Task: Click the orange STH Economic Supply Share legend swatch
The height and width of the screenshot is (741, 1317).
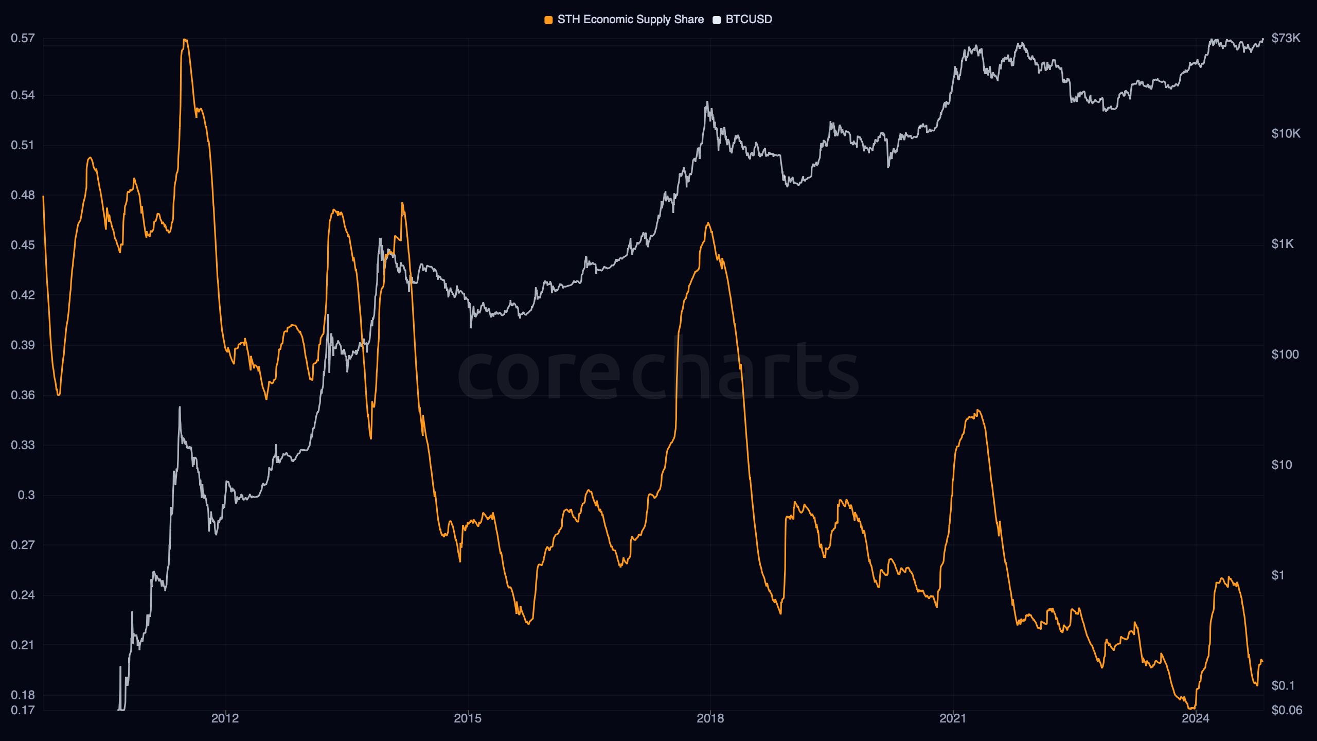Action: (548, 20)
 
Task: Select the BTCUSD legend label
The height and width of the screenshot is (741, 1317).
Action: (749, 20)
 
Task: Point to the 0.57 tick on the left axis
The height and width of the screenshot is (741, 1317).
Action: (23, 38)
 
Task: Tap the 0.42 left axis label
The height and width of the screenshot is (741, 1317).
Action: (23, 295)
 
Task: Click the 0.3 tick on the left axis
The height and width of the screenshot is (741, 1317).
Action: (26, 495)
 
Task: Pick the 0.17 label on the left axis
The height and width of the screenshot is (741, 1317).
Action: (23, 710)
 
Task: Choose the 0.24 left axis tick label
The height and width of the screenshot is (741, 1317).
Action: (23, 595)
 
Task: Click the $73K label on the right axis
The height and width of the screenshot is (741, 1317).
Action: (1286, 38)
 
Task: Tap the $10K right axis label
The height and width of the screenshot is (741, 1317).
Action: (1286, 134)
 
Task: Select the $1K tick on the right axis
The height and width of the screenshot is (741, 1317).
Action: (1282, 244)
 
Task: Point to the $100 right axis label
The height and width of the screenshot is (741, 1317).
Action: (1285, 355)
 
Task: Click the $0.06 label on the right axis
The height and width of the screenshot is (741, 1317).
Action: (1287, 710)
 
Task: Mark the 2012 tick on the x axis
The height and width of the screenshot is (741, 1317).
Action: (225, 718)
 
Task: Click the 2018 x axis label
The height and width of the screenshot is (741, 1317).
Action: (710, 718)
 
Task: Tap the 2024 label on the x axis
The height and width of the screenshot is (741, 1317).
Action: (1195, 718)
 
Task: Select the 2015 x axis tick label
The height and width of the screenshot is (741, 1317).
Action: (468, 718)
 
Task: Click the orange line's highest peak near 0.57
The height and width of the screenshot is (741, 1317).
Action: (185, 40)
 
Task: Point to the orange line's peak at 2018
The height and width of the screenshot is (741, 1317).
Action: (708, 223)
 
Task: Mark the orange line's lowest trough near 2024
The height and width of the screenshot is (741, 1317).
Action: (1190, 708)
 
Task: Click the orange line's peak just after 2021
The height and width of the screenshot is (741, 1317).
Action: (978, 411)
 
